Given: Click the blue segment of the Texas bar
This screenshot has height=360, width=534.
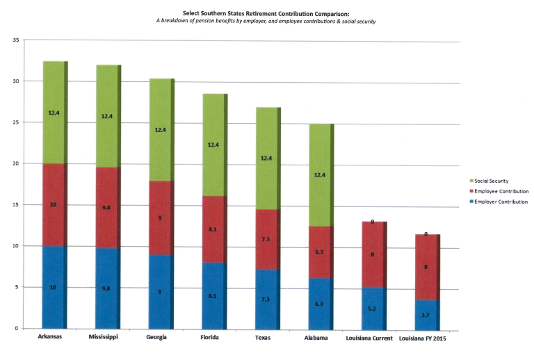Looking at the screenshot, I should (x=267, y=299).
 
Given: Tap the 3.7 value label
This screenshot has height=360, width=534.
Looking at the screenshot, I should (x=426, y=315).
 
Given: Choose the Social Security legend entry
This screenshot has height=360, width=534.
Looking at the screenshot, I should (x=494, y=181).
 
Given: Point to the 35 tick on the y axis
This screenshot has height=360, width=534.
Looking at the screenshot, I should (x=15, y=40).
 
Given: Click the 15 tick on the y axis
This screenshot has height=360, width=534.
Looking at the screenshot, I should (x=15, y=205).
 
